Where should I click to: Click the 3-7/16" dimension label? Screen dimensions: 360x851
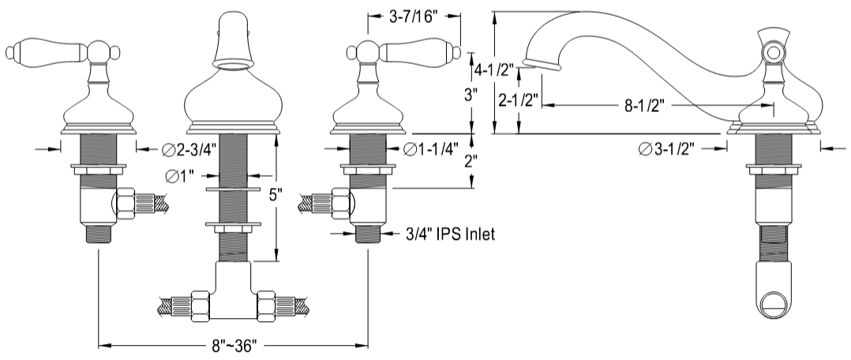click(414, 17)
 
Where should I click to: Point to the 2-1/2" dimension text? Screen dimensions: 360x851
click(519, 101)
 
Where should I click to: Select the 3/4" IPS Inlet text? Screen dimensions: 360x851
click(449, 234)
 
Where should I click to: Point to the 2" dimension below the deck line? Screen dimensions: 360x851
click(471, 162)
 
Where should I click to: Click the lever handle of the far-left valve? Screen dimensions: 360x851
click(47, 51)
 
